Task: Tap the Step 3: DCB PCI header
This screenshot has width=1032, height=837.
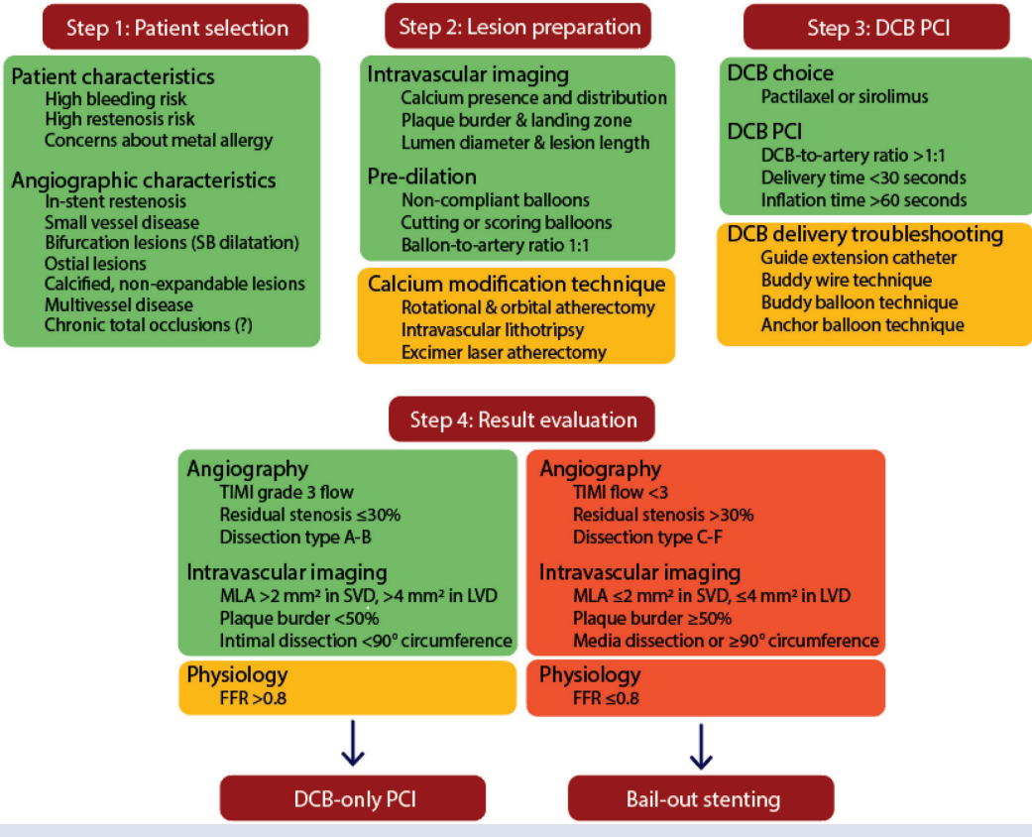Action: pos(876,27)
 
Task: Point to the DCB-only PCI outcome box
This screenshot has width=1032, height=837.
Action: pos(353,798)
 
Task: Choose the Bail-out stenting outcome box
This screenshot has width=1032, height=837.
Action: pos(702,798)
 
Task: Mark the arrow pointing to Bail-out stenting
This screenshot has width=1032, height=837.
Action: pos(701,746)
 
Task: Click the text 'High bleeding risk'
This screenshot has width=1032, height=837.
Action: pos(116,98)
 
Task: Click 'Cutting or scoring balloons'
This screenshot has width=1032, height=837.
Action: pos(507,222)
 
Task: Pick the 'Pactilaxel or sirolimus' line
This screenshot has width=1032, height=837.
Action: pos(844,97)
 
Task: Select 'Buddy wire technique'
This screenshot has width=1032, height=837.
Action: pos(837,280)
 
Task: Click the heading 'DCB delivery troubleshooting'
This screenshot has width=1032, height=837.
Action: pos(865,234)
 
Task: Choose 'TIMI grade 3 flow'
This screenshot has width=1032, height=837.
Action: pos(287,491)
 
